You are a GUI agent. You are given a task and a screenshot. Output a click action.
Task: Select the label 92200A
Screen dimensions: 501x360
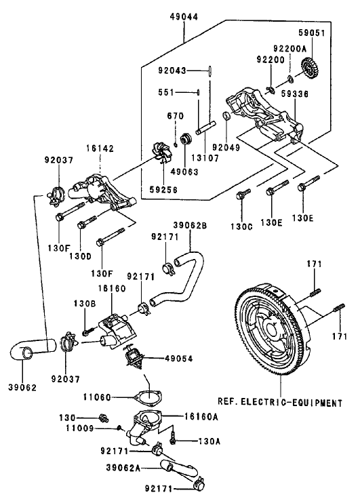click(292, 49)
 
